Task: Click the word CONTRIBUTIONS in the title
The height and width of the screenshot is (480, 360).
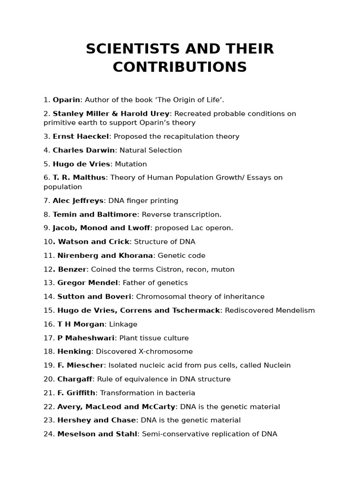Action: pyautogui.click(x=180, y=67)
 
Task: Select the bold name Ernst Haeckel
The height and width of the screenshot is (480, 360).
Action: pyautogui.click(x=81, y=136)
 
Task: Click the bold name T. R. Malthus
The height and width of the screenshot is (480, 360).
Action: pyautogui.click(x=80, y=178)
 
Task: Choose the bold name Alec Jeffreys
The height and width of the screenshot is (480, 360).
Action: pyautogui.click(x=78, y=201)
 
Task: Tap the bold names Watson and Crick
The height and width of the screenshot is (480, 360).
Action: pyautogui.click(x=93, y=242)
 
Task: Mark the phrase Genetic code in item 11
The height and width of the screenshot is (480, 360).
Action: pyautogui.click(x=181, y=255)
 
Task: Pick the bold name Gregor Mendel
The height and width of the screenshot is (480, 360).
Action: pyautogui.click(x=88, y=283)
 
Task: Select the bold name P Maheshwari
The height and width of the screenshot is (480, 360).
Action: pyautogui.click(x=86, y=338)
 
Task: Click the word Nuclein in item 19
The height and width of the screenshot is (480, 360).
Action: pyautogui.click(x=277, y=365)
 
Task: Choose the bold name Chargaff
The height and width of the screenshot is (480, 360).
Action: pyautogui.click(x=75, y=379)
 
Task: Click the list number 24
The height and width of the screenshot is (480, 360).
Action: pyautogui.click(x=49, y=434)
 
